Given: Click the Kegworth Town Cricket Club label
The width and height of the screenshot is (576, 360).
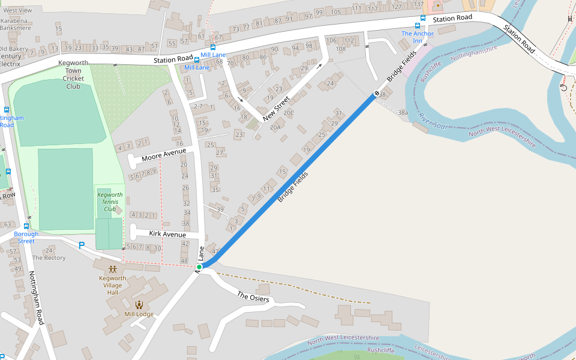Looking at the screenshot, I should point(73,74).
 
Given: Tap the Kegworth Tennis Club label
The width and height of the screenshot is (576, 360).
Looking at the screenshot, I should point(110,202).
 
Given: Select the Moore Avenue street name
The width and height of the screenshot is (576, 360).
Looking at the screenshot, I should point(164,155).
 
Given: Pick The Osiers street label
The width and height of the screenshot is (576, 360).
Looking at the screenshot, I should point(253,297).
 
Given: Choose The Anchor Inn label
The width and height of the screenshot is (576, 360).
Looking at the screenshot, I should point(417,37).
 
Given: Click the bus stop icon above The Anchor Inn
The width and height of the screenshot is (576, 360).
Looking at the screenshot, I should point(417,26).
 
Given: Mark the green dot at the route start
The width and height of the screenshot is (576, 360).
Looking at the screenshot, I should point(199,267).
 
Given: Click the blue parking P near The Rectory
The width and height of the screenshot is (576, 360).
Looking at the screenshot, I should point(82,245).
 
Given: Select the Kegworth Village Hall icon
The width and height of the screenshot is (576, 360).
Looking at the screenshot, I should point(113,269).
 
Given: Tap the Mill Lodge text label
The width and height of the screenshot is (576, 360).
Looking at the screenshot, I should point(139,314).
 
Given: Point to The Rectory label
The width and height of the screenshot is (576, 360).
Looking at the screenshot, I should point(49,258).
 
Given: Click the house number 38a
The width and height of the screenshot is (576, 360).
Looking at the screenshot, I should point(403,112).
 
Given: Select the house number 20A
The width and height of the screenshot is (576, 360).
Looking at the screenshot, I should point(276,127).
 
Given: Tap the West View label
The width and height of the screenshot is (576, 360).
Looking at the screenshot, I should point(18,11).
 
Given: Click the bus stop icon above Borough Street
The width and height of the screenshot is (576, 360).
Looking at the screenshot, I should point(26,226).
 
